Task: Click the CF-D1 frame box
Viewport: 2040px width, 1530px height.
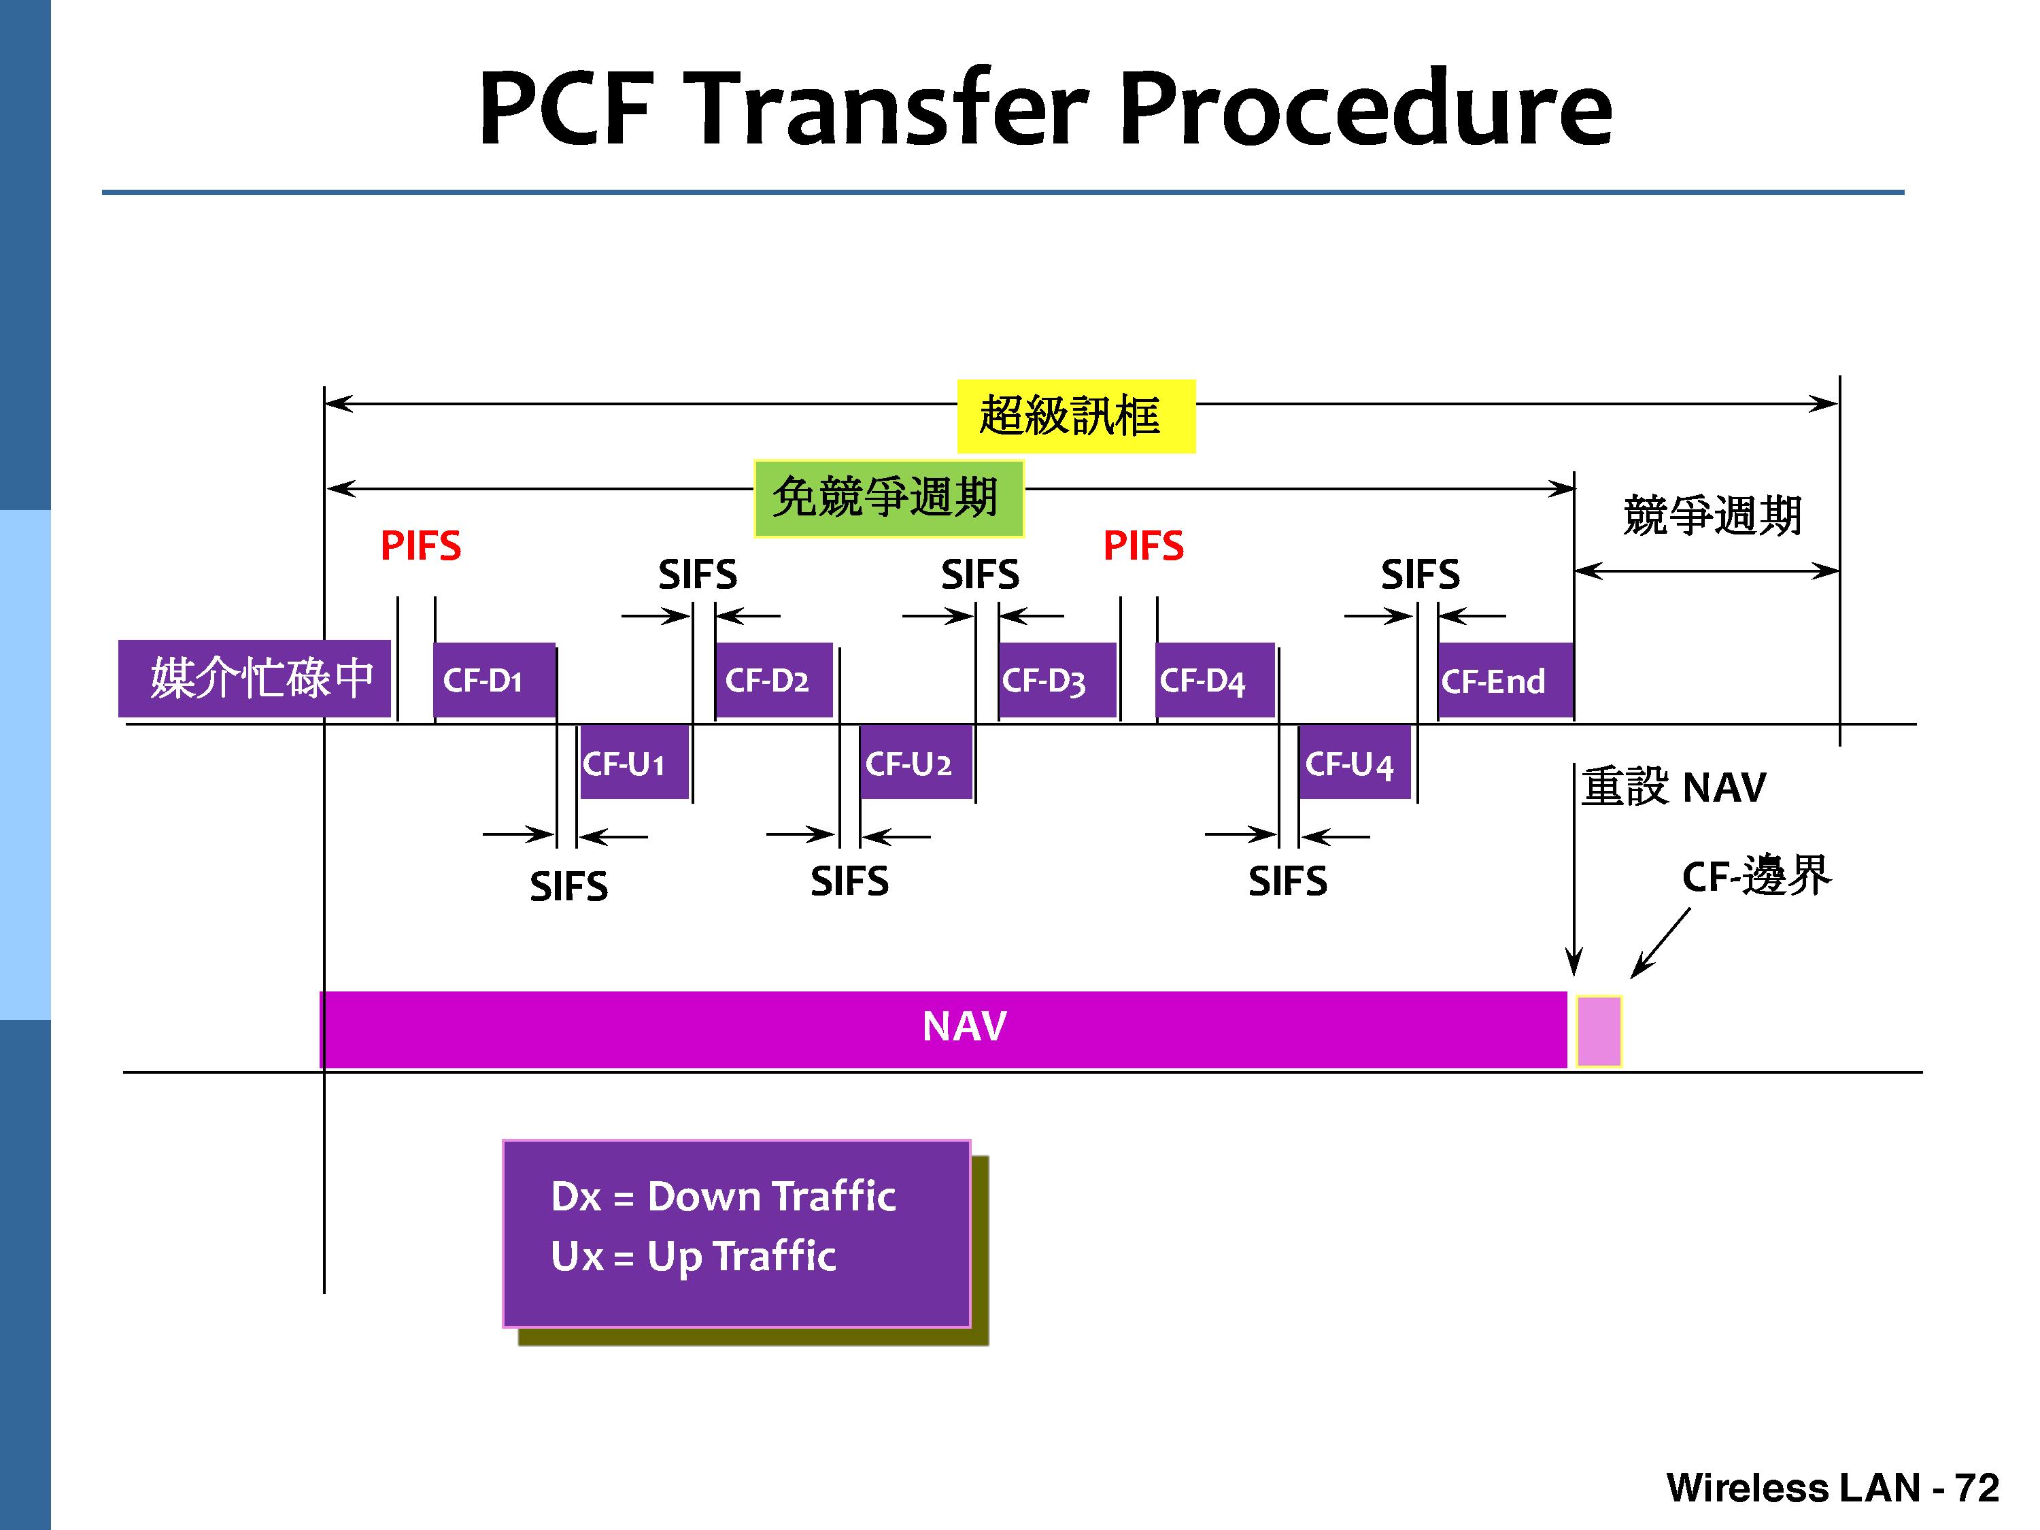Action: (x=494, y=681)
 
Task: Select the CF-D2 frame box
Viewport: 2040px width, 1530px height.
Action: (x=773, y=681)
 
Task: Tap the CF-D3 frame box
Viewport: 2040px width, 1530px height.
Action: (x=1056, y=681)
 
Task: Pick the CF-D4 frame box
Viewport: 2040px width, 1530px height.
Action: (x=1214, y=681)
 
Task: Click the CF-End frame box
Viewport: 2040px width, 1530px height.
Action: (x=1503, y=681)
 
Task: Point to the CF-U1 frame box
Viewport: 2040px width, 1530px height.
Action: (x=634, y=763)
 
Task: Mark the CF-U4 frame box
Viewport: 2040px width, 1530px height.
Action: (x=1353, y=763)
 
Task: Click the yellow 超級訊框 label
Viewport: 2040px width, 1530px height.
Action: (x=1074, y=416)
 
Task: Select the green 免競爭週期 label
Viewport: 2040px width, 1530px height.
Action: (x=888, y=498)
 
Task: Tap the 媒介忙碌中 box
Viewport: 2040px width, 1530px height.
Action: (x=254, y=679)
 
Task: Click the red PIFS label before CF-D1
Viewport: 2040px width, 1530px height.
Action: (x=420, y=546)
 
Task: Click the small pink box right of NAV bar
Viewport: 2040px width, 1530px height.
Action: (x=1598, y=1030)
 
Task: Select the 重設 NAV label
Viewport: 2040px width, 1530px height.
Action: (x=1673, y=787)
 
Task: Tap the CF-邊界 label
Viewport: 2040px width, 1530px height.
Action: (x=1755, y=876)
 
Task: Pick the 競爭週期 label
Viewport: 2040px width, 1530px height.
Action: (x=1712, y=515)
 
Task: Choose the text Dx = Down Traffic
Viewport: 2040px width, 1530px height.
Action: (x=723, y=1196)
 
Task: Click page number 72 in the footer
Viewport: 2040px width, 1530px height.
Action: (x=1976, y=1486)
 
